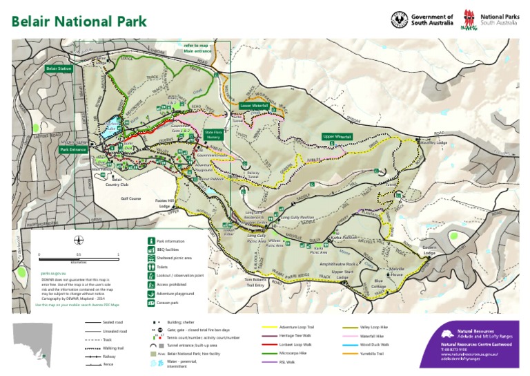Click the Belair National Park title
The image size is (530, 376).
click(79, 20)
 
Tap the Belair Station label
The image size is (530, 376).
click(59, 69)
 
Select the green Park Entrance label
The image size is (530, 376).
click(73, 149)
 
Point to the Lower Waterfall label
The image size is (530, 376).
click(253, 106)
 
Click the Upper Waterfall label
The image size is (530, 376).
click(337, 137)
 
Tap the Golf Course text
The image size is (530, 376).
click(131, 198)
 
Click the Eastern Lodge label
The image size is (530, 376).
click(429, 250)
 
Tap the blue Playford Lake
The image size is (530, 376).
click(110, 126)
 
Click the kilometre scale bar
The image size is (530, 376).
click(79, 259)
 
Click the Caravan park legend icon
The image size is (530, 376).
click(150, 302)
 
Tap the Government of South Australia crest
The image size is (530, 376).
click(399, 19)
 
